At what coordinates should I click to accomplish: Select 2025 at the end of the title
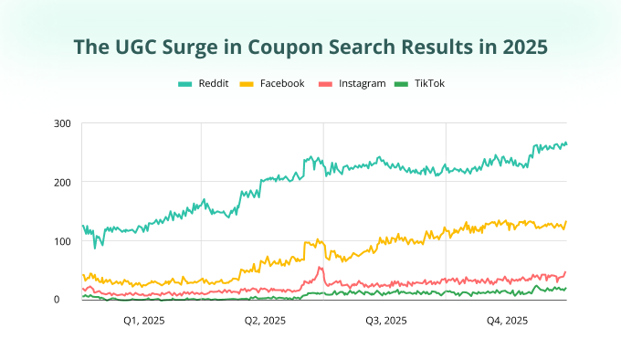[521, 46]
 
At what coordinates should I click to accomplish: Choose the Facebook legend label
[282, 83]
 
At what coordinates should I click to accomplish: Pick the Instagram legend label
[361, 83]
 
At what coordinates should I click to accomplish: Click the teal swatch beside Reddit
[184, 83]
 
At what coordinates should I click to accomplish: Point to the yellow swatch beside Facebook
[247, 83]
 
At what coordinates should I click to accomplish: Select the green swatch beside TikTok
[400, 83]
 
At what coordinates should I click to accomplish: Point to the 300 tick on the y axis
[62, 123]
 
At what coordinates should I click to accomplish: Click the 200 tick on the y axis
[62, 183]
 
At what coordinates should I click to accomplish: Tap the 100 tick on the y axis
[62, 241]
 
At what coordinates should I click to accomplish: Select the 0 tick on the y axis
[68, 300]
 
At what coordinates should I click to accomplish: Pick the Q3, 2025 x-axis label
[385, 321]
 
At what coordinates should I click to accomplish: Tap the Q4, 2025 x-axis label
[506, 321]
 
